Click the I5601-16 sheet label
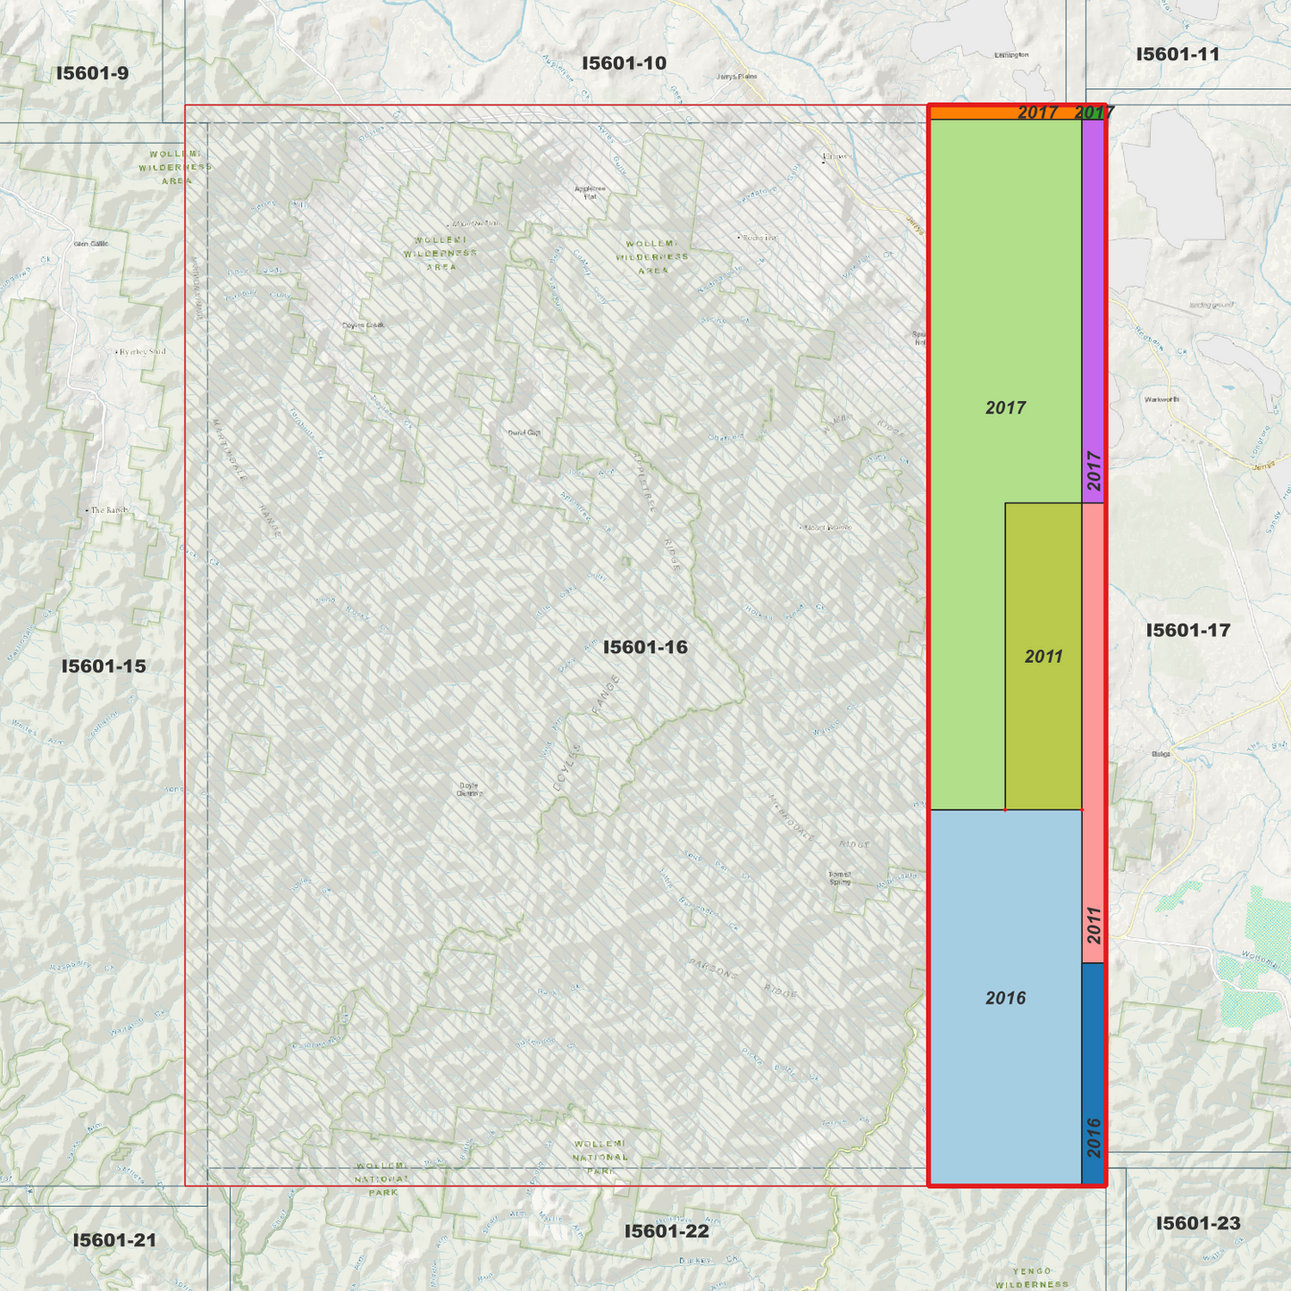(645, 647)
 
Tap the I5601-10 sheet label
(624, 63)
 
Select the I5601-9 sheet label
(92, 73)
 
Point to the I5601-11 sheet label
(1178, 54)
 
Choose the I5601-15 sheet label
(103, 666)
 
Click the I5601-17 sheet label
(1187, 631)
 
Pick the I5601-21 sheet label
(114, 1240)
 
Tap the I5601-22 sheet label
(666, 1231)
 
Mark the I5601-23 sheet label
(1197, 1223)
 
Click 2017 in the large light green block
(1005, 408)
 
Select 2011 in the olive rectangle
(1044, 658)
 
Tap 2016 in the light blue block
(1005, 998)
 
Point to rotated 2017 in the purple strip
(1094, 471)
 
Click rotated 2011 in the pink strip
(1094, 926)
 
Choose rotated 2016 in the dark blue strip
(1094, 1137)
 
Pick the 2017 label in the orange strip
(1037, 113)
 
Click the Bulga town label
(1161, 754)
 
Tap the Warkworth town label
(1161, 399)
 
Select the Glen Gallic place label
(91, 243)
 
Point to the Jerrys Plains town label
(736, 77)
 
